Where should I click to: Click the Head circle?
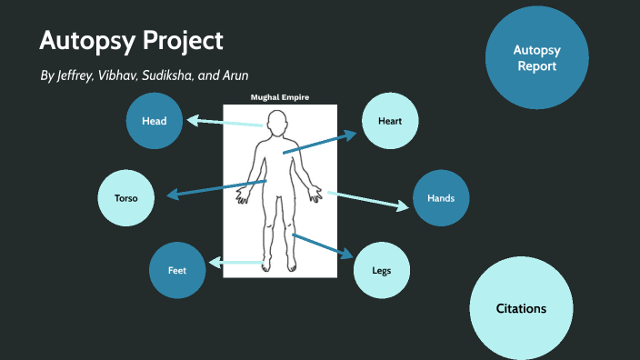tap(154, 120)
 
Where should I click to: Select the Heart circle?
tap(390, 120)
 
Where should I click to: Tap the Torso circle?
tap(125, 196)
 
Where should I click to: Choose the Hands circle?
tap(441, 197)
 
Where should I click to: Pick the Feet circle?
tap(177, 271)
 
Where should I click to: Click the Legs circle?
tap(381, 271)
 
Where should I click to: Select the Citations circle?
tap(521, 308)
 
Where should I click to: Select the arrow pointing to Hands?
tap(368, 200)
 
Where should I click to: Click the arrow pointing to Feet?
tap(236, 264)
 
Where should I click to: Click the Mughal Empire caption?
tap(280, 96)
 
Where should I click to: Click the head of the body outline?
tap(279, 120)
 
